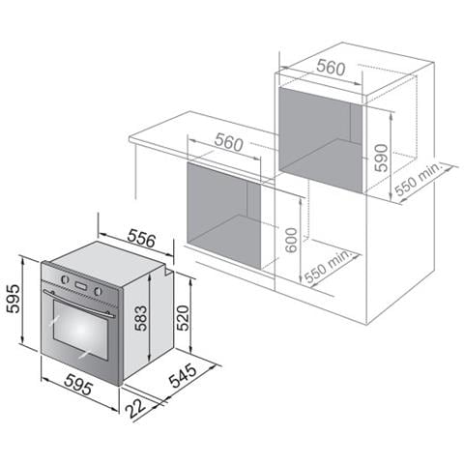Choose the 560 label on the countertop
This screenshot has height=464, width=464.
(x=228, y=143)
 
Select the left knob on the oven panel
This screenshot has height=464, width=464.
(x=65, y=280)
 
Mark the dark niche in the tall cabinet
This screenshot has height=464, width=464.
(x=319, y=135)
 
